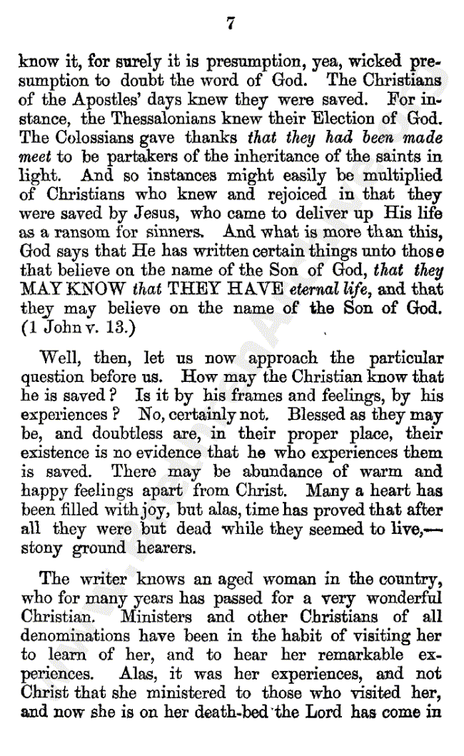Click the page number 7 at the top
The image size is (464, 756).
coord(231,24)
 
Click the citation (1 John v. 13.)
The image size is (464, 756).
coord(74,328)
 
